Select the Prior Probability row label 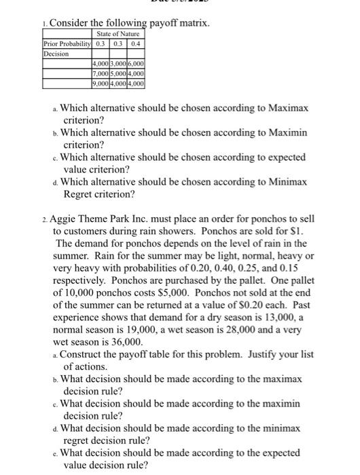click(67, 43)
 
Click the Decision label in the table click(56, 52)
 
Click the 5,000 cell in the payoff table click(118, 73)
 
